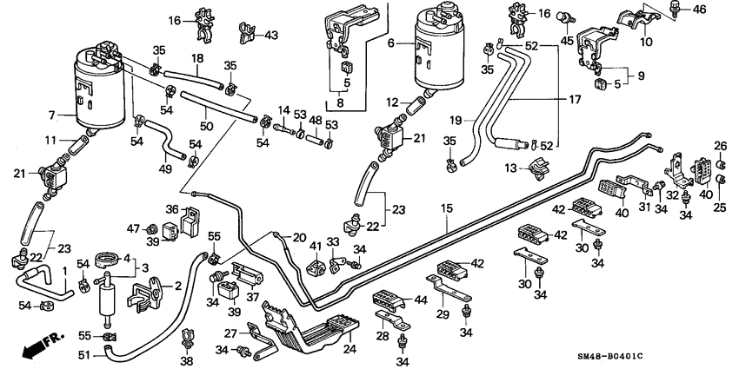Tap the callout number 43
(271, 35)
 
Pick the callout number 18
(197, 58)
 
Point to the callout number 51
(83, 353)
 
